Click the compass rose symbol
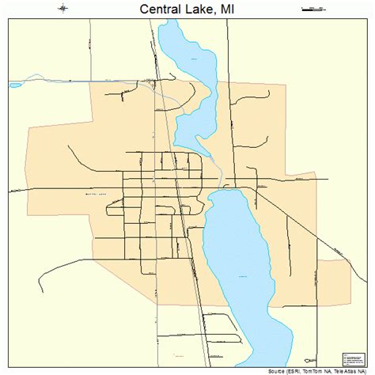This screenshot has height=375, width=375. click(62, 9)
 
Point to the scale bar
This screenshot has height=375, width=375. click(312, 9)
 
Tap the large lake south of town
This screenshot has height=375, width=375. click(237, 253)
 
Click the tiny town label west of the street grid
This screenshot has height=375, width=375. click(93, 193)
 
